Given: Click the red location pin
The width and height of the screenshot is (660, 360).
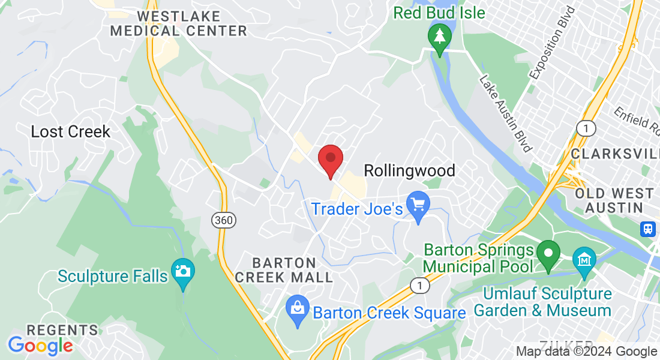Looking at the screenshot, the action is tap(330, 160).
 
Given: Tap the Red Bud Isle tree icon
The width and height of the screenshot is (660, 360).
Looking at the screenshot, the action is tap(440, 37).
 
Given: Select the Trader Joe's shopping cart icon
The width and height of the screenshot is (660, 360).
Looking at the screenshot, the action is tap(418, 205).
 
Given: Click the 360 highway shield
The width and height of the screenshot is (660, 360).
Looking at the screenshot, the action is tap(223, 220).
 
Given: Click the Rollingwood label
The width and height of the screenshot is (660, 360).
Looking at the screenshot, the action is tap(409, 170).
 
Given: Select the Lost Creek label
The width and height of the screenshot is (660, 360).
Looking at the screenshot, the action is tap(71, 131).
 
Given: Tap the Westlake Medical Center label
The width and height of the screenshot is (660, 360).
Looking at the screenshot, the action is tap(179, 23).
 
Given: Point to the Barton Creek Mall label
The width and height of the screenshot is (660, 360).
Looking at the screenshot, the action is tap(284, 270).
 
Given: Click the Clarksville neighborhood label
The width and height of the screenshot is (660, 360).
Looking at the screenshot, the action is tap(615, 154).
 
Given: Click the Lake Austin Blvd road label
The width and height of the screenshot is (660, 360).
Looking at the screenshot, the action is tap(506, 113).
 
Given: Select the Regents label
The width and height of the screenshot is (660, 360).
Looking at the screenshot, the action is tap(62, 330).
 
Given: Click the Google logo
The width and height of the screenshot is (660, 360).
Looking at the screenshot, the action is tap(40, 346).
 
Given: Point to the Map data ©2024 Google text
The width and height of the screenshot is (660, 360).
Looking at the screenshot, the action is tap(587, 352).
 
